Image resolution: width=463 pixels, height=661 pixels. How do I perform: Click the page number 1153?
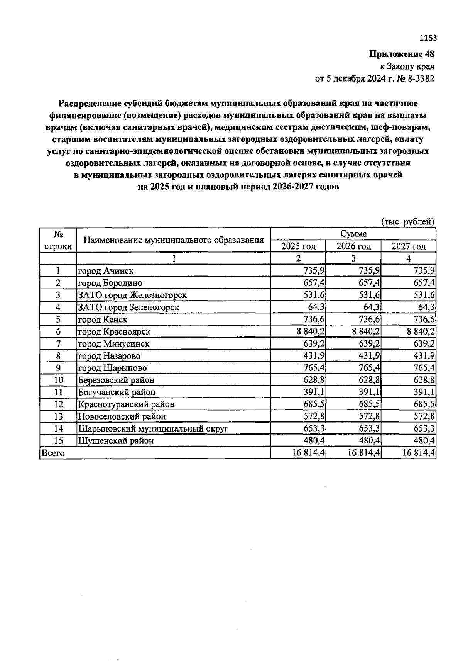point(428,38)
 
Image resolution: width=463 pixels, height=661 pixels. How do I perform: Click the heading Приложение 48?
point(402,54)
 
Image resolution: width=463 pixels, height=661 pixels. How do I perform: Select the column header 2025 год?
point(298,246)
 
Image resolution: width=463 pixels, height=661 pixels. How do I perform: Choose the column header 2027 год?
point(408,246)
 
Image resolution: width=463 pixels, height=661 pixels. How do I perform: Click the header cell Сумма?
point(353,234)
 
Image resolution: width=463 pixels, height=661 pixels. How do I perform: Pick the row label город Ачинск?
point(106,271)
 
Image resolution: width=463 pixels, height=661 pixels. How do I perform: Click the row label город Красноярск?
point(114,331)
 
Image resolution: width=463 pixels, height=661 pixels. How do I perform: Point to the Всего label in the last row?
point(53,453)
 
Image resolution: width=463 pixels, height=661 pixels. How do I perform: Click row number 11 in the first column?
point(58,392)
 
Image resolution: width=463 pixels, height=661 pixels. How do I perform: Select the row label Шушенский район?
point(116,441)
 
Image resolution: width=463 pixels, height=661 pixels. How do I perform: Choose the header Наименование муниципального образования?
point(174,240)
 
